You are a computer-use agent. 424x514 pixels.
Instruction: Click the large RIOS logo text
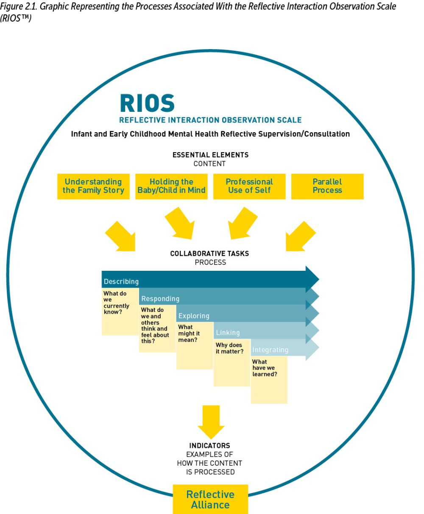click(147, 103)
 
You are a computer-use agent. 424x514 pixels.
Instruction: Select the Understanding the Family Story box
click(93, 186)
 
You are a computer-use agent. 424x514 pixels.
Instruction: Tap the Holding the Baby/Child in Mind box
click(171, 186)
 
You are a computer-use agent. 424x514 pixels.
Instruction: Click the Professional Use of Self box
click(249, 186)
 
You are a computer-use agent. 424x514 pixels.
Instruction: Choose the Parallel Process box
click(327, 186)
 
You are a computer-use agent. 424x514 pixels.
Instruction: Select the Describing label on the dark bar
click(121, 281)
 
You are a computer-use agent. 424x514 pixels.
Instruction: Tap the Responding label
click(160, 299)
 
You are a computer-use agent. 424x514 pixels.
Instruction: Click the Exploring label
click(194, 316)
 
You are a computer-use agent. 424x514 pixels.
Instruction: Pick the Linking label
click(228, 333)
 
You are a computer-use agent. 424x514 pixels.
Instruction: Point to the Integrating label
click(270, 350)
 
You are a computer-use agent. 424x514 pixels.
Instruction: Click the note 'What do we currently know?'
click(120, 311)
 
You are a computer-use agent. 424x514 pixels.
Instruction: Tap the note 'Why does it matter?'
click(232, 362)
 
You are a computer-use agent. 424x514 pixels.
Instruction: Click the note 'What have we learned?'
click(269, 379)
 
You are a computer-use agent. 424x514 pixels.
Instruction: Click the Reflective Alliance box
click(210, 499)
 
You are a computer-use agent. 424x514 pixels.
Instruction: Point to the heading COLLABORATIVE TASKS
click(209, 254)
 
